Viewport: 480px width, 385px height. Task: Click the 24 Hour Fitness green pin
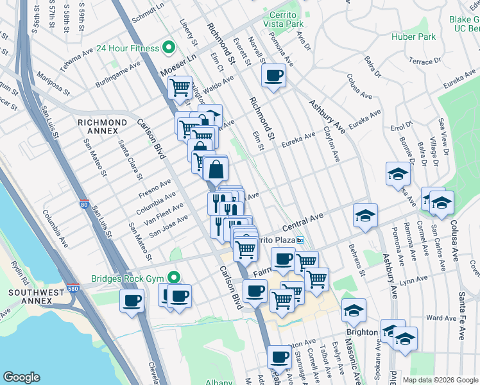[169, 47]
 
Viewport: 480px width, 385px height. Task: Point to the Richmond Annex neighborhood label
[102, 126]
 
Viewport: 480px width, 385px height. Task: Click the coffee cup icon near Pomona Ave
[273, 76]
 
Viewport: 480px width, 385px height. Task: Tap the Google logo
[21, 377]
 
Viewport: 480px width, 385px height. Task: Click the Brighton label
[361, 332]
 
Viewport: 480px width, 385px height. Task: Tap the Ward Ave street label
[441, 318]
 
